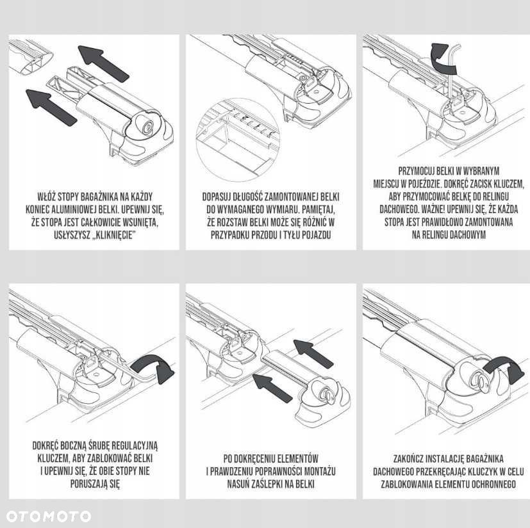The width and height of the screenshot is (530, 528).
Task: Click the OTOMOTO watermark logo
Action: pyautogui.click(x=48, y=516)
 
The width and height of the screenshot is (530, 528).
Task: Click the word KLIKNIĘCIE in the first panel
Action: pyautogui.click(x=113, y=235)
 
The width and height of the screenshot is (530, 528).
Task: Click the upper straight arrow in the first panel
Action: pyautogui.click(x=103, y=63)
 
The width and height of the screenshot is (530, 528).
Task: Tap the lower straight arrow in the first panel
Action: pyautogui.click(x=51, y=108)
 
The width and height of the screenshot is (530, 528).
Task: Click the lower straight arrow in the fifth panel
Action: pyautogui.click(x=272, y=388)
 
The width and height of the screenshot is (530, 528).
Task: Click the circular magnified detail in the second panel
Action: pyautogui.click(x=238, y=140)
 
